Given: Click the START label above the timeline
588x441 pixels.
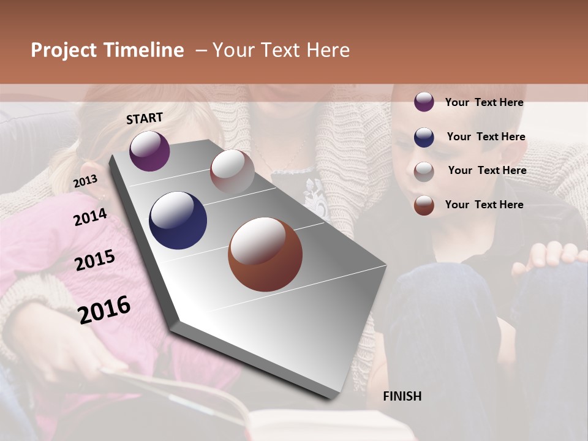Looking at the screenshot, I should tap(145, 118).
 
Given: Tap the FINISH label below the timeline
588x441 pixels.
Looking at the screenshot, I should tap(402, 396).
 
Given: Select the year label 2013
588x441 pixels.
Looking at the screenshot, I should tap(85, 181).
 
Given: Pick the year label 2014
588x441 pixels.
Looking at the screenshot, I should tap(90, 217).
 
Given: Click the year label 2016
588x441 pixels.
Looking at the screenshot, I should tap(104, 309).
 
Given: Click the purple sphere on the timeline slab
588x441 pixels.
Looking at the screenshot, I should tap(149, 151).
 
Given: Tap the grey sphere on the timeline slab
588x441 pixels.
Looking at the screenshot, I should tap(232, 171).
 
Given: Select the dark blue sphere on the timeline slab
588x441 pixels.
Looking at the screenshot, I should tap(178, 221).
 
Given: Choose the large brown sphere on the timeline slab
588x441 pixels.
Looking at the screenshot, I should tap(265, 254).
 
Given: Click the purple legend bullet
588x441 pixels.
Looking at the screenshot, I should tap(424, 102).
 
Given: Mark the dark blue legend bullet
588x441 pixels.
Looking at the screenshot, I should tap(424, 137).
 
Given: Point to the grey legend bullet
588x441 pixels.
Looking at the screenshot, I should tap(424, 171).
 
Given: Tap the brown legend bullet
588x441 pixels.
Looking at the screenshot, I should tap(424, 205).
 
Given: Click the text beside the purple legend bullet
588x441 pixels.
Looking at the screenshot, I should tap(484, 103).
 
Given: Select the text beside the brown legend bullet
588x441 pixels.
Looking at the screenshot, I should tap(484, 205).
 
